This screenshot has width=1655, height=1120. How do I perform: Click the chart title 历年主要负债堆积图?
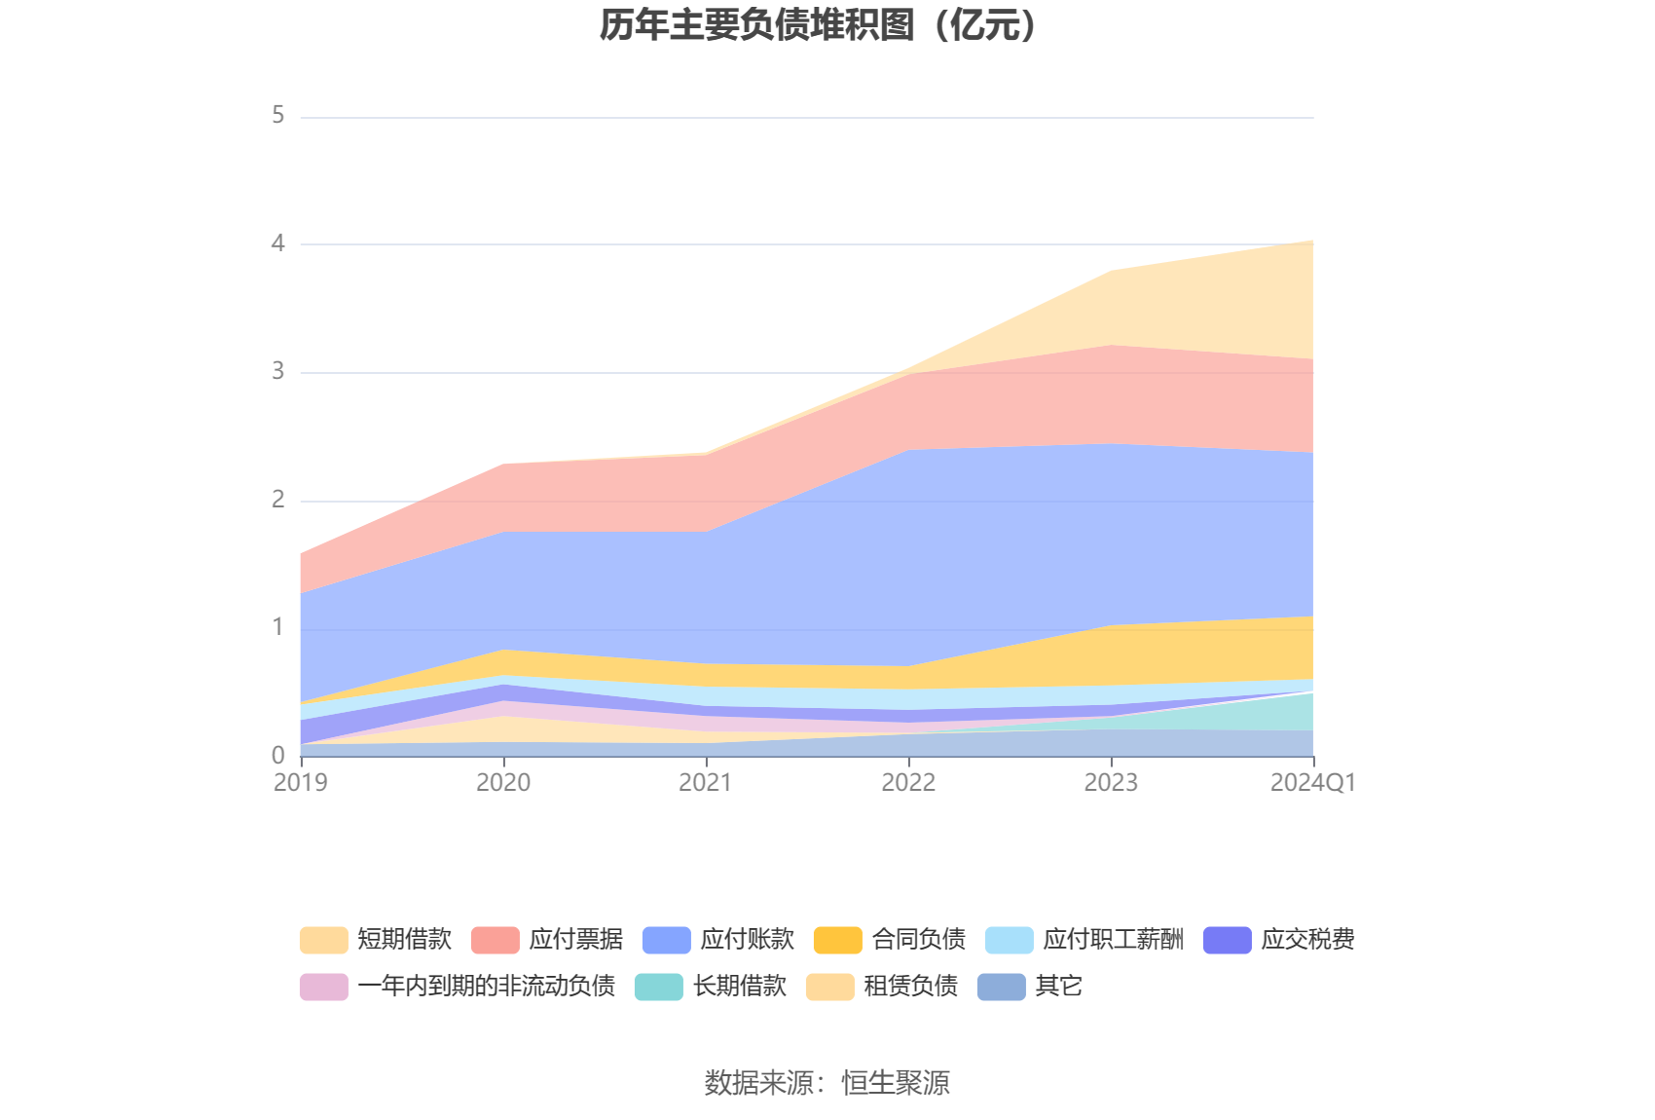pos(818,25)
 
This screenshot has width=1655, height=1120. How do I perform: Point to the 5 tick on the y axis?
pos(278,116)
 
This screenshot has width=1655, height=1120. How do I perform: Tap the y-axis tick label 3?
pos(278,371)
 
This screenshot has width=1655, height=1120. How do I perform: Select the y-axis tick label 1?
pos(278,627)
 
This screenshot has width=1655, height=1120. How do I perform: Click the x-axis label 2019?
pos(301,783)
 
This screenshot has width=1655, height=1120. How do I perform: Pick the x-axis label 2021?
pos(706,783)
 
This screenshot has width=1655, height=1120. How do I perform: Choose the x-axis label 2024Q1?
pos(1312,783)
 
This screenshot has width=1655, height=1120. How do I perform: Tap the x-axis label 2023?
pos(1111,783)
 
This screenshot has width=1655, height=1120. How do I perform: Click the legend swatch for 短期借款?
pos(324,940)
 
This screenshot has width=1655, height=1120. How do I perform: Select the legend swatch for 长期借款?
pos(659,987)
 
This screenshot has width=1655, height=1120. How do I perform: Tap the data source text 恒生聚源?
pos(896,1083)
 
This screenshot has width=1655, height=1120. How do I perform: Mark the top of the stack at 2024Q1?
pos(1313,241)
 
